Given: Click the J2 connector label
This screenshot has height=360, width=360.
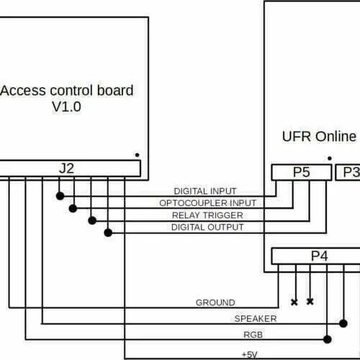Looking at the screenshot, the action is click(x=66, y=168).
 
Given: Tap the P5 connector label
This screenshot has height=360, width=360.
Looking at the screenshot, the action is click(x=302, y=172).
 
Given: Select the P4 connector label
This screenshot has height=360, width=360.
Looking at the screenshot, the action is click(x=320, y=256).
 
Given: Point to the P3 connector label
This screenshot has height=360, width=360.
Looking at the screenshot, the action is click(x=351, y=172).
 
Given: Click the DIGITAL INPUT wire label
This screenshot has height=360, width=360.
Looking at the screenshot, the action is click(x=205, y=192).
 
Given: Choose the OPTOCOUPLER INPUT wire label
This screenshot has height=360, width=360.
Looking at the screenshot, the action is click(x=208, y=203).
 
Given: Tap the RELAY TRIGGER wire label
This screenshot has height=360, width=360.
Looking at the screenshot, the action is click(x=207, y=215).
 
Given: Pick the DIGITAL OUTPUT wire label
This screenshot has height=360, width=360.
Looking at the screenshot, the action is click(x=207, y=227).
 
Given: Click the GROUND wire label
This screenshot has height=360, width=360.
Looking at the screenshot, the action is click(x=215, y=302).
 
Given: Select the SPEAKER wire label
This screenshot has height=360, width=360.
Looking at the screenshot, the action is click(x=256, y=319).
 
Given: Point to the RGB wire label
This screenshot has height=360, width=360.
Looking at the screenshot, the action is click(x=253, y=335).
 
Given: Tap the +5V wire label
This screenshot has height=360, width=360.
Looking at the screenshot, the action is click(x=250, y=354).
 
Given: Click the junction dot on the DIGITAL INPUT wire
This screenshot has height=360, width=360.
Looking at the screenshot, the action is click(x=60, y=196).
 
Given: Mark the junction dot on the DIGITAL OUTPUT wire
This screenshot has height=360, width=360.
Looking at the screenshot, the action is click(x=108, y=233).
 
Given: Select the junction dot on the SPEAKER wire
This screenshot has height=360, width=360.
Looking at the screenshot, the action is click(x=343, y=323).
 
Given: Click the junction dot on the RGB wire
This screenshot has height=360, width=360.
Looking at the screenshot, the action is click(x=328, y=339).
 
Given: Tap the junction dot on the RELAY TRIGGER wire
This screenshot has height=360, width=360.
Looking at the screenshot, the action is click(x=92, y=220).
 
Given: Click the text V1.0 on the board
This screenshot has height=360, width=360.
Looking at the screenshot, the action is click(x=66, y=107).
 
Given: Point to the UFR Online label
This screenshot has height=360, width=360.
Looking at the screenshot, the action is click(x=319, y=136).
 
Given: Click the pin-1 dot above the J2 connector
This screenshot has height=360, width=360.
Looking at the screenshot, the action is click(x=137, y=155).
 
